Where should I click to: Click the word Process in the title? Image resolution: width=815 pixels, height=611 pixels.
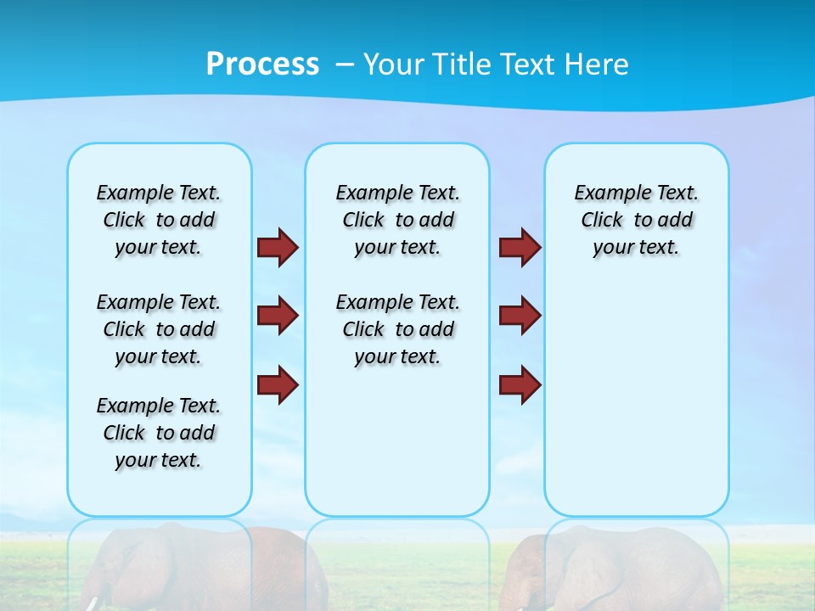point(262,64)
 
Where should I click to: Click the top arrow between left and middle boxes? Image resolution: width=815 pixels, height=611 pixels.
point(278,248)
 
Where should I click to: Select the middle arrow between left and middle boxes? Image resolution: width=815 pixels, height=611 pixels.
point(278,316)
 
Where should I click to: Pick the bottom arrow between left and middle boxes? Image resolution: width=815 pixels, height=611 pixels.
point(278,385)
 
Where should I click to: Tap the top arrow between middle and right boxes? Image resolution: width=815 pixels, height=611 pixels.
point(520,248)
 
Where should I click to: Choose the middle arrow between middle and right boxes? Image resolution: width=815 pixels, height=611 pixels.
point(520,316)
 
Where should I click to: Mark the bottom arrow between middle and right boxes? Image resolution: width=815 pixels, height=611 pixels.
point(520,385)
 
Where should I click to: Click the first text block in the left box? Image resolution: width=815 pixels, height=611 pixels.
point(159,220)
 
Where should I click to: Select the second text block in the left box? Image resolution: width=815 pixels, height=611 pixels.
point(159,329)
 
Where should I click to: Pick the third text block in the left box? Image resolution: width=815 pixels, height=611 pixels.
point(159,433)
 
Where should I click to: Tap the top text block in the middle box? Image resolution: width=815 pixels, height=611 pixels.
point(397,220)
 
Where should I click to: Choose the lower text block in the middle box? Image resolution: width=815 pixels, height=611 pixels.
point(397,329)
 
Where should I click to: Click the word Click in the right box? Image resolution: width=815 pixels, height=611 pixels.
point(602,221)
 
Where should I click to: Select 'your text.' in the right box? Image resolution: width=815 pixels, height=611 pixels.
point(636,248)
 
